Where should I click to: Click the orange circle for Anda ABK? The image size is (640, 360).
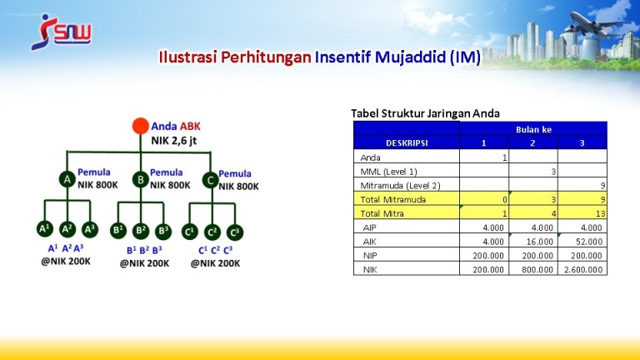point(140,126)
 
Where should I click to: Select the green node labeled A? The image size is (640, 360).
point(67,179)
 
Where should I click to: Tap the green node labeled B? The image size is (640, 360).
point(140,180)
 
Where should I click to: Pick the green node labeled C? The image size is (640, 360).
point(211,180)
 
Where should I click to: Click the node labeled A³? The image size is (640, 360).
point(90,230)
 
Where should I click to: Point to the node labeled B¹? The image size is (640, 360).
point(118,231)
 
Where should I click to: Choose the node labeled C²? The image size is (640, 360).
point(212,232)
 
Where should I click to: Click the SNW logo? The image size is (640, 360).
point(61,32)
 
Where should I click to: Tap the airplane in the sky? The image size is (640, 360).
point(597,24)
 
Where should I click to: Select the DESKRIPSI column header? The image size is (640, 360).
point(407,142)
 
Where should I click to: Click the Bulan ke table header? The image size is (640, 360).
point(533,129)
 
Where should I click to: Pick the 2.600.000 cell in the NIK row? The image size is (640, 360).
point(582,269)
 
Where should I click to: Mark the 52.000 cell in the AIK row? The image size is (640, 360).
point(582,241)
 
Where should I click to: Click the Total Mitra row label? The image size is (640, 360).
point(382,213)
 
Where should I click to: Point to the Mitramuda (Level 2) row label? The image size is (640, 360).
point(400,185)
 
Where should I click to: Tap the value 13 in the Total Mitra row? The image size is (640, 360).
point(600,213)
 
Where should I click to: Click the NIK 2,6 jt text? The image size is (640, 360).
point(174,141)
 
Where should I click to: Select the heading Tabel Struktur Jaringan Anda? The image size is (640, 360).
point(425,113)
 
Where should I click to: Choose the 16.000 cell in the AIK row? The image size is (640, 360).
point(533,241)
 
